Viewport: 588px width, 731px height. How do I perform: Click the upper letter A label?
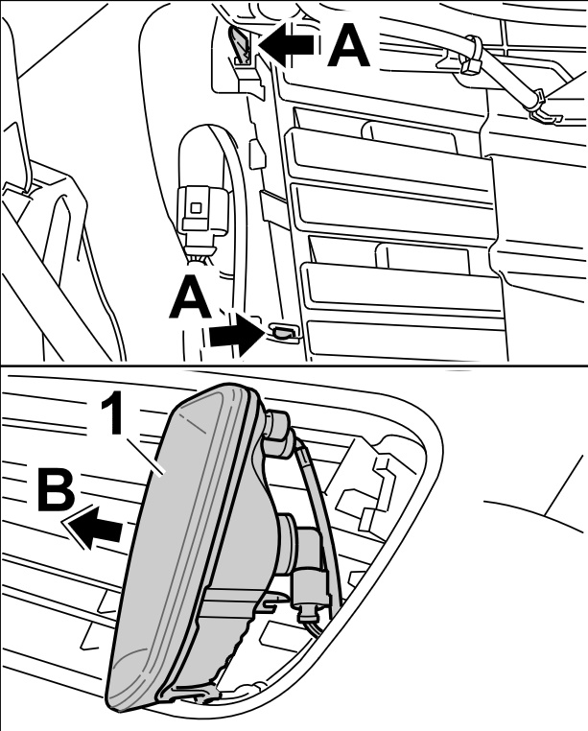349,45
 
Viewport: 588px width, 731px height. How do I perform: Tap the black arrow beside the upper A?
286,45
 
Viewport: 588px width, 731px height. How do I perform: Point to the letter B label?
56,490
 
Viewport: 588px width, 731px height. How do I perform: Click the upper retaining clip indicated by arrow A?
240,45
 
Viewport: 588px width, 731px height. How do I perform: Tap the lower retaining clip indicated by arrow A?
282,331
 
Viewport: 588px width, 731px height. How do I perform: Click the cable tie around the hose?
470,54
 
